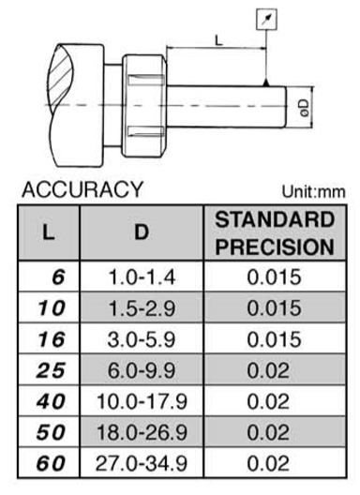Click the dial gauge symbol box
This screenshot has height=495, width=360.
click(267, 20)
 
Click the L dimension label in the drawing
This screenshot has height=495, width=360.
click(218, 40)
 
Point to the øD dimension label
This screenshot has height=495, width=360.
click(305, 108)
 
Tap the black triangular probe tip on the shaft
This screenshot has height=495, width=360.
click(266, 82)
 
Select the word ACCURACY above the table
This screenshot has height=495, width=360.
click(82, 189)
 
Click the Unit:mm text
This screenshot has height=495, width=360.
click(313, 191)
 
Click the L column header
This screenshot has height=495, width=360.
click(49, 233)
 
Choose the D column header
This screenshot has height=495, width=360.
click(142, 232)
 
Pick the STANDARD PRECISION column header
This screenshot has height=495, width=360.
click(275, 233)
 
